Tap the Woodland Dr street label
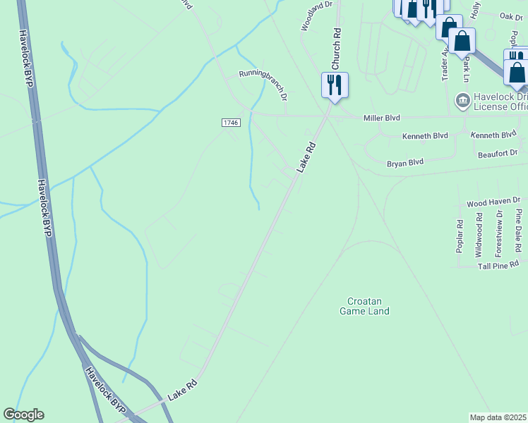coord(316,16)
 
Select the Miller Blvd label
coord(381,119)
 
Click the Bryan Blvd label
coord(405,163)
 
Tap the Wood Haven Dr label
coord(493,203)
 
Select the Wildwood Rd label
coord(479,234)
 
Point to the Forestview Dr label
coord(498,233)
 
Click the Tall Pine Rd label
coord(498,265)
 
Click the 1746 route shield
coord(231,123)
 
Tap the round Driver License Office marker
coord(463,99)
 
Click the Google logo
coord(23,415)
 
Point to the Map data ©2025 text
coord(498,417)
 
